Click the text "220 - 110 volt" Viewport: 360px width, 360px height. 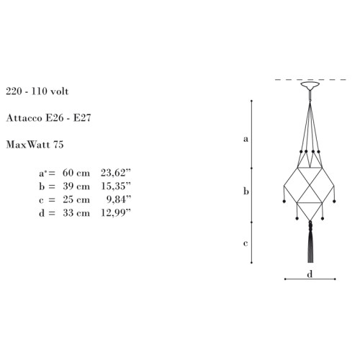click(x=37, y=91)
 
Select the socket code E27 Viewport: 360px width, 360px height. click(x=82, y=118)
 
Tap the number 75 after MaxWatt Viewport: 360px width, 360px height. click(x=58, y=145)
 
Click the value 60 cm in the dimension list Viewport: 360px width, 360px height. click(x=76, y=173)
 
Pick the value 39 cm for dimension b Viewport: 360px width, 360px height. click(x=76, y=186)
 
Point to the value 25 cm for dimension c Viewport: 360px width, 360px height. click(x=76, y=199)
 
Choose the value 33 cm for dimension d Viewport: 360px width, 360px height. click(x=76, y=213)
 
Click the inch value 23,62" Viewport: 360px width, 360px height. click(x=116, y=173)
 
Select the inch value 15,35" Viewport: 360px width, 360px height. click(x=116, y=186)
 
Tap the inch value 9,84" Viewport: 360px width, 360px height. click(x=119, y=199)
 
